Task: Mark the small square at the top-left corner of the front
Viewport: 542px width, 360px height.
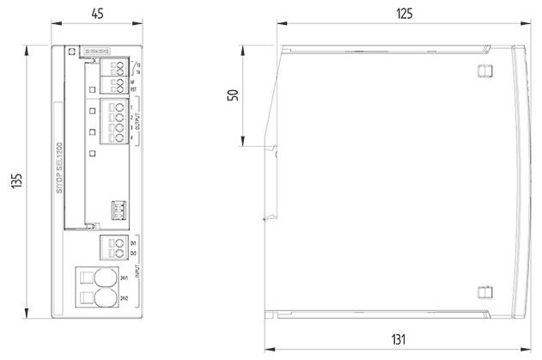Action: coord(70,51)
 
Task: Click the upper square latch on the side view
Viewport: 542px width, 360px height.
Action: coord(482,70)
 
